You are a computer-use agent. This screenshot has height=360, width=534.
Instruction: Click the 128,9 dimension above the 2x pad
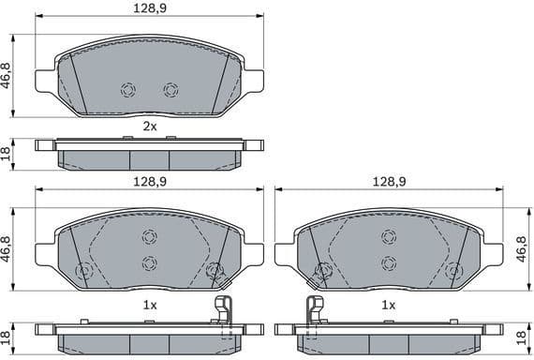149,8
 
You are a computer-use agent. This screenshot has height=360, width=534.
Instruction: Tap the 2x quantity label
149,125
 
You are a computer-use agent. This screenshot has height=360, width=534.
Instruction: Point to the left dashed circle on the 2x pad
128,90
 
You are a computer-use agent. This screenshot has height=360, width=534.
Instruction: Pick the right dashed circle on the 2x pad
171,90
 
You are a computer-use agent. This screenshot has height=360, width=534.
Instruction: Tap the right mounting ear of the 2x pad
252,81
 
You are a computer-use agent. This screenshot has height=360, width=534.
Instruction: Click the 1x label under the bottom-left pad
149,306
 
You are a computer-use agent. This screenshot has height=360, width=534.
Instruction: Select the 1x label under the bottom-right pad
388,306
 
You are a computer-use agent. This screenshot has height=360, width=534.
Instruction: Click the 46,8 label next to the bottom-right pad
522,251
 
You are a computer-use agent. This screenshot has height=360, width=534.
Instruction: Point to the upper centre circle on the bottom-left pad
149,236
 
